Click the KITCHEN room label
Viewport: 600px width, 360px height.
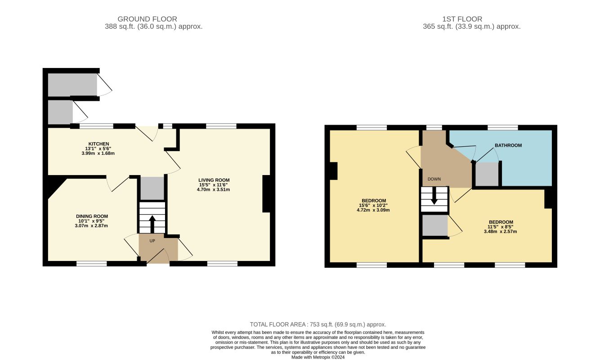pyautogui.click(x=99, y=144)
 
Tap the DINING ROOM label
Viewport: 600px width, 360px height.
pyautogui.click(x=92, y=216)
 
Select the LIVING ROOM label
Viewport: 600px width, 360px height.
pyautogui.click(x=214, y=180)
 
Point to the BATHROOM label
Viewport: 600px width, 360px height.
pyautogui.click(x=508, y=145)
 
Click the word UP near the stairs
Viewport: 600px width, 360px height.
pyautogui.click(x=152, y=241)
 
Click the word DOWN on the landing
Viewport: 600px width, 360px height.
pyautogui.click(x=434, y=179)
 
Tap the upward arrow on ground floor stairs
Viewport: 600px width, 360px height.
pyautogui.click(x=152, y=224)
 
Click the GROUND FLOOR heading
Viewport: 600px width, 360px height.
pyautogui.click(x=148, y=19)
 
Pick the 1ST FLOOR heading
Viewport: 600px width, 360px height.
pyautogui.click(x=462, y=19)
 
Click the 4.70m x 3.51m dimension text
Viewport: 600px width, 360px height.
pyautogui.click(x=213, y=189)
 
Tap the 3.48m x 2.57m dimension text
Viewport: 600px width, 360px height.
pyautogui.click(x=500, y=231)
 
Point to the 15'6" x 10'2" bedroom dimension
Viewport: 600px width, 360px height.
pyautogui.click(x=373, y=205)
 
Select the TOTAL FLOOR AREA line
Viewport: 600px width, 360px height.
pyautogui.click(x=318, y=324)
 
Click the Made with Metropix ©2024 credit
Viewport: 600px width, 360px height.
pyautogui.click(x=318, y=357)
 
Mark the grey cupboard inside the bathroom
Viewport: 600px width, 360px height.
pyautogui.click(x=487, y=174)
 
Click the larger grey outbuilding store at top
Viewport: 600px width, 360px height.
pyautogui.click(x=72, y=85)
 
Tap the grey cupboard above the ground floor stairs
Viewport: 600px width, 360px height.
pyautogui.click(x=152, y=188)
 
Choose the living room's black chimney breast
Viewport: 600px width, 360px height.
pyautogui.click(x=266, y=194)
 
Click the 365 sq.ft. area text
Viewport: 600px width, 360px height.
pyautogui.click(x=472, y=27)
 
